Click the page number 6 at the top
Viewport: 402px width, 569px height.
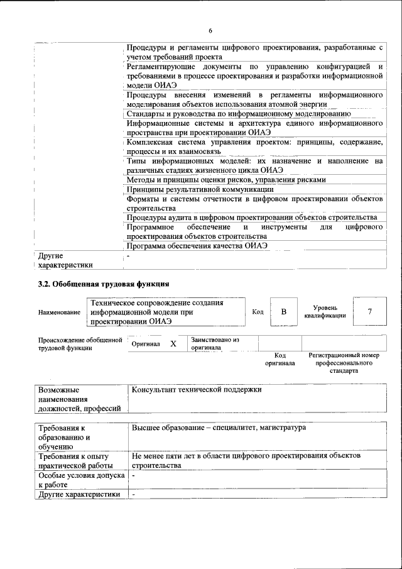click(x=210, y=30)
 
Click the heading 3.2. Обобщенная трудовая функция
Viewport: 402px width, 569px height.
click(x=104, y=284)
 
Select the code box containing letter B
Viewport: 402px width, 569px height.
click(x=283, y=312)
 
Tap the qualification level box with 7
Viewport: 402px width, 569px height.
click(x=370, y=312)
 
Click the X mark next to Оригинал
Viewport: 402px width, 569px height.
click(x=173, y=345)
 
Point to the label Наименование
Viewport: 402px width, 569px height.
click(x=59, y=312)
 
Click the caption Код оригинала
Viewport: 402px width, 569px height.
click(x=280, y=359)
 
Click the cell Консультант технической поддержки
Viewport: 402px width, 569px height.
click(x=196, y=390)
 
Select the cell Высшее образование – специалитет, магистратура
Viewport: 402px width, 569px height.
click(x=219, y=428)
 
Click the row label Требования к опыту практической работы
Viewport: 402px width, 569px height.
click(x=76, y=461)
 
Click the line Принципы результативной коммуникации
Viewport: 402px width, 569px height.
click(x=200, y=189)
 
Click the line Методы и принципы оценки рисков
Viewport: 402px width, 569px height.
click(x=226, y=180)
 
